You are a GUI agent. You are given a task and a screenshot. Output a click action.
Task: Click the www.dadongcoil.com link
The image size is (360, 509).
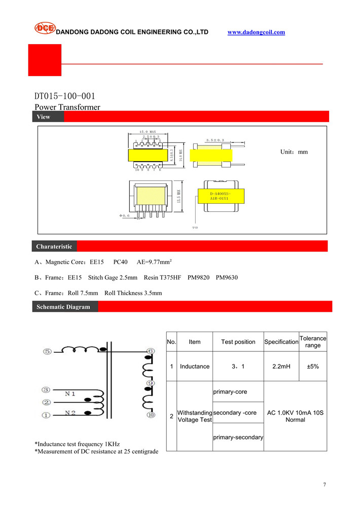[256, 32]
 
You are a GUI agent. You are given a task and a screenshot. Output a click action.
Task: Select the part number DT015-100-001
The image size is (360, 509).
[64, 96]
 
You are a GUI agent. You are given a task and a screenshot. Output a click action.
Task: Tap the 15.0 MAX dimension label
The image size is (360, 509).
[148, 132]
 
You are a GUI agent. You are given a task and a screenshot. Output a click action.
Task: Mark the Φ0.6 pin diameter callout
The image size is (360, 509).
[124, 215]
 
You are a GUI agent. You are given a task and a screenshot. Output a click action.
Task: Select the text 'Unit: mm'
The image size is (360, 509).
[294, 152]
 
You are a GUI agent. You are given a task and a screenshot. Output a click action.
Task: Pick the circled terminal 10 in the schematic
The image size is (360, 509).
[151, 415]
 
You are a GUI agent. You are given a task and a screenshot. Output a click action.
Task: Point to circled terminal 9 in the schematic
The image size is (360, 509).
[151, 383]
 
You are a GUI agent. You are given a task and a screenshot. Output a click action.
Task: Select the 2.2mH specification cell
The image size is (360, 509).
[281, 366]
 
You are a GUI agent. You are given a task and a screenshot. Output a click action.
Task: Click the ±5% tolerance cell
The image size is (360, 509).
[313, 366]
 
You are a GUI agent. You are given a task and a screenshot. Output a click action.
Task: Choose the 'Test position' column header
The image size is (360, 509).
[238, 342]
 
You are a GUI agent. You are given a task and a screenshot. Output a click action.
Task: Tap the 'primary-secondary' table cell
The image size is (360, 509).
[238, 437]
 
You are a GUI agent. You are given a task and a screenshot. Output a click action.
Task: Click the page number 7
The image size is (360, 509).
[325, 485]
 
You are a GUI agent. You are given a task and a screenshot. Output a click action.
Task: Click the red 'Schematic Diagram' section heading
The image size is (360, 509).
[63, 307]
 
